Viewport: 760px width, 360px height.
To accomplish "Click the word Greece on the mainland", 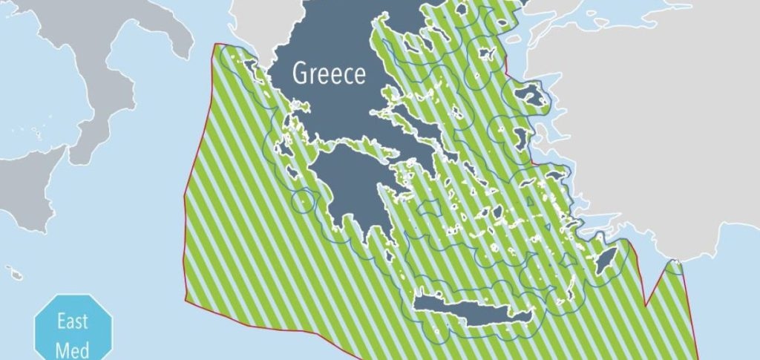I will pyautogui.click(x=330, y=73).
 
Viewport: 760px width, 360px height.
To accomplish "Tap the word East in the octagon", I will pyautogui.click(x=73, y=321).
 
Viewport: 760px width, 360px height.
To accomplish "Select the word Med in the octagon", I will pyautogui.click(x=73, y=349).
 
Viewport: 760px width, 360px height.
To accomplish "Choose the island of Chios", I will pyautogui.click(x=522, y=138).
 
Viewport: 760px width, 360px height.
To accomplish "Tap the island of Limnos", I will pyautogui.click(x=488, y=54).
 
